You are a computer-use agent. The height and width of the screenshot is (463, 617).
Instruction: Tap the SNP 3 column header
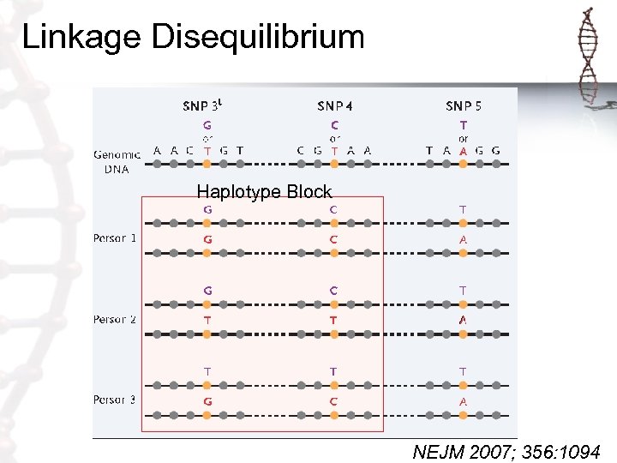(x=207, y=106)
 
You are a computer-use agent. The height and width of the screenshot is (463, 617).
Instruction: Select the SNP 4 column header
(x=335, y=106)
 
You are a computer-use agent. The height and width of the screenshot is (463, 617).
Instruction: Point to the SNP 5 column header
(x=464, y=106)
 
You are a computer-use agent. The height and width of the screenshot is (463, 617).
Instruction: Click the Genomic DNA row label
(x=112, y=162)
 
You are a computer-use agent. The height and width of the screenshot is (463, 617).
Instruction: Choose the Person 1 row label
(x=115, y=238)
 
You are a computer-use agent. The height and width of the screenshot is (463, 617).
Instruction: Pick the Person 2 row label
(x=115, y=319)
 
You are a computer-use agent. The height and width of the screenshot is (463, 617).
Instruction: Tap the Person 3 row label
(x=115, y=400)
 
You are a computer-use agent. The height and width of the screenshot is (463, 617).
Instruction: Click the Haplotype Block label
(x=264, y=192)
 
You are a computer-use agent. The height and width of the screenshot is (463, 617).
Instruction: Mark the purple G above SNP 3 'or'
(x=207, y=125)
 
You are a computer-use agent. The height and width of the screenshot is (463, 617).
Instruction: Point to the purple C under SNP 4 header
(x=335, y=125)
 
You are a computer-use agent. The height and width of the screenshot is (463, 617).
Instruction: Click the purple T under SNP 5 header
(x=464, y=125)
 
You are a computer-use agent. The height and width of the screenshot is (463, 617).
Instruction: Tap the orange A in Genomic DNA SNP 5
(x=464, y=150)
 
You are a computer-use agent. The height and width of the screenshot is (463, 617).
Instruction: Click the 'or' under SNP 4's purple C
(x=335, y=138)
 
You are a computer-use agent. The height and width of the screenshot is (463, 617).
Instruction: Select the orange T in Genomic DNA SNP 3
(x=207, y=150)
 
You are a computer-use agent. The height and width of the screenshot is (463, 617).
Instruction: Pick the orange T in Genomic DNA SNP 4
(x=335, y=150)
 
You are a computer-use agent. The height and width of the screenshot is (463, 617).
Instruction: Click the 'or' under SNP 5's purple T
(x=464, y=138)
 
